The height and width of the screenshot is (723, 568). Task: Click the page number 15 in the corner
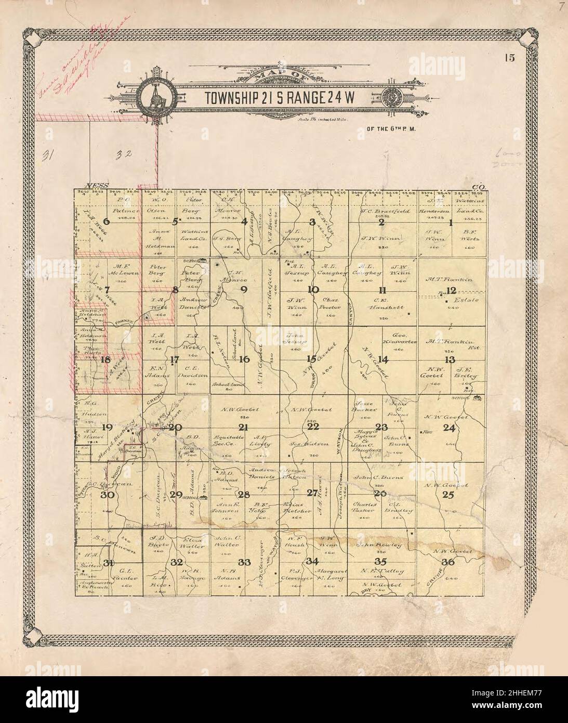509,58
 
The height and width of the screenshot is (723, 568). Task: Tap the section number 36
448,562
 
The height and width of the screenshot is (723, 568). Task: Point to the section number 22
313,427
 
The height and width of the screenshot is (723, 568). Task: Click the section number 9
244,290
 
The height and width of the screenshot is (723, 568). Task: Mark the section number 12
451,290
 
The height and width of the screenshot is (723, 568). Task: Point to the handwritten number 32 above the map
123,154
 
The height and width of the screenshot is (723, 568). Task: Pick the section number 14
383,359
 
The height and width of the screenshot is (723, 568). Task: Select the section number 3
312,223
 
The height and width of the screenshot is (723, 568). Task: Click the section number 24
450,428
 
